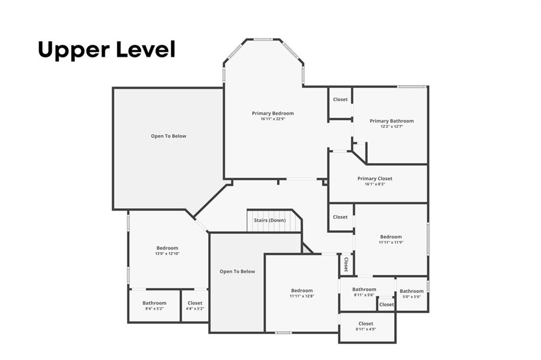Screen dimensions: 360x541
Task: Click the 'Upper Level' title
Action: (x=106, y=50)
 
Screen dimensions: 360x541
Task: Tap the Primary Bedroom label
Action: (x=273, y=113)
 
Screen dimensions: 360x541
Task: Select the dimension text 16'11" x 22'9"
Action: (x=273, y=119)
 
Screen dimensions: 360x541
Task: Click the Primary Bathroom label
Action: (x=391, y=121)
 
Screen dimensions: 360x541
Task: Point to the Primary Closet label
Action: (x=375, y=178)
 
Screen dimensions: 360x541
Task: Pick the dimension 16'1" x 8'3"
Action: (x=375, y=184)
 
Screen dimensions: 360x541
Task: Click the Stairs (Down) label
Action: (x=269, y=220)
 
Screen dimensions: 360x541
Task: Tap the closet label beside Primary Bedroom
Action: (x=340, y=99)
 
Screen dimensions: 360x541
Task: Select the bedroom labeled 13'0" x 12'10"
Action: (x=167, y=248)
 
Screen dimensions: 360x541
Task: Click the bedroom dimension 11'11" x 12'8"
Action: (x=302, y=296)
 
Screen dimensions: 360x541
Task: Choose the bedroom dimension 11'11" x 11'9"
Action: (x=391, y=242)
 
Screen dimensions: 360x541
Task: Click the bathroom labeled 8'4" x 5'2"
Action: (x=154, y=303)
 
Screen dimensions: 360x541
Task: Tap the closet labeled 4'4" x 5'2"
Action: (x=195, y=303)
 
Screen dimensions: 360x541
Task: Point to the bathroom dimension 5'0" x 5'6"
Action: (x=412, y=297)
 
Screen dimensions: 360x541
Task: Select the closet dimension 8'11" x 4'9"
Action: (x=366, y=329)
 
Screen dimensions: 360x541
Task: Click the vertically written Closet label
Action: (x=346, y=264)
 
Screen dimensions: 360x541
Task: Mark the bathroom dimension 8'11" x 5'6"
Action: (x=365, y=295)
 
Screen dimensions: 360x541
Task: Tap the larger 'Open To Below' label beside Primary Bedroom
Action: (x=169, y=136)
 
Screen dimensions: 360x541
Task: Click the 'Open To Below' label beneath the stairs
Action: (x=237, y=271)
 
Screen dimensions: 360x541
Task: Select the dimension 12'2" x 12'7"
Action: (x=391, y=127)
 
